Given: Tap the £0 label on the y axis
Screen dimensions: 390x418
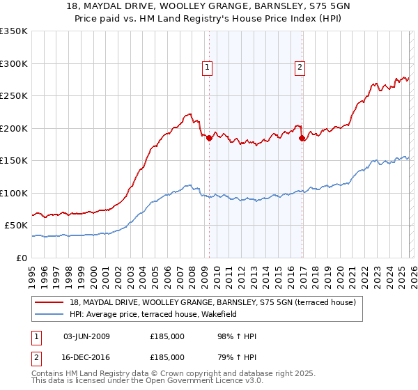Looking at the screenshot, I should click(x=22, y=258).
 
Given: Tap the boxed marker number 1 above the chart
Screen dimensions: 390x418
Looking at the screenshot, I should click(x=208, y=68).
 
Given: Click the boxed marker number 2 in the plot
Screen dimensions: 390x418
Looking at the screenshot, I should click(x=300, y=68).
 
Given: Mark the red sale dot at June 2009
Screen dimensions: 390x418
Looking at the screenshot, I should click(x=209, y=138).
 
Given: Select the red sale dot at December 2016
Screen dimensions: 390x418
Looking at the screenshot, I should click(x=302, y=138).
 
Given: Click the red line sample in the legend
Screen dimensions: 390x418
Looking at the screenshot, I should click(x=49, y=302).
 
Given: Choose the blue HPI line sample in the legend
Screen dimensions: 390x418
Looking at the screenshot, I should click(x=49, y=314).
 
